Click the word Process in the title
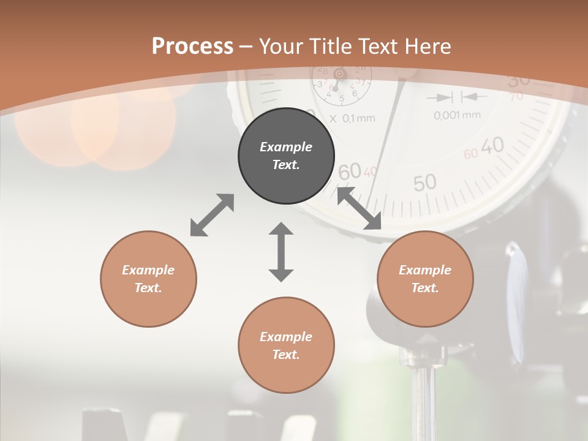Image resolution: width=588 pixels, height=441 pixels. (192, 46)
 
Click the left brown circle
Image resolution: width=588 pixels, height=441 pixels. (148, 279)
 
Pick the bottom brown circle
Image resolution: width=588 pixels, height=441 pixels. (286, 345)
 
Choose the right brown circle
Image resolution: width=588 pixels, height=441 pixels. (425, 279)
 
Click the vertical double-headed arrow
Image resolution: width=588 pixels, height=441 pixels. (281, 252)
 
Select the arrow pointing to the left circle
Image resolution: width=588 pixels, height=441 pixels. (212, 215)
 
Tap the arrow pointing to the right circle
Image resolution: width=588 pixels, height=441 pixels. (360, 209)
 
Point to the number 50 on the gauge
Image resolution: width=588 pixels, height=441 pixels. (424, 182)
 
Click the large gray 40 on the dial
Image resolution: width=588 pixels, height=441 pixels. (492, 146)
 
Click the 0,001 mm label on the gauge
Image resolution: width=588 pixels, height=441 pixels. (457, 115)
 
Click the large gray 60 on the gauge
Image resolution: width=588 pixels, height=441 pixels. (349, 172)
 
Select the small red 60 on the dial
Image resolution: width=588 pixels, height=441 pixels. (470, 154)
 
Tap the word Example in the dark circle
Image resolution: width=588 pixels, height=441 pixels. (286, 147)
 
